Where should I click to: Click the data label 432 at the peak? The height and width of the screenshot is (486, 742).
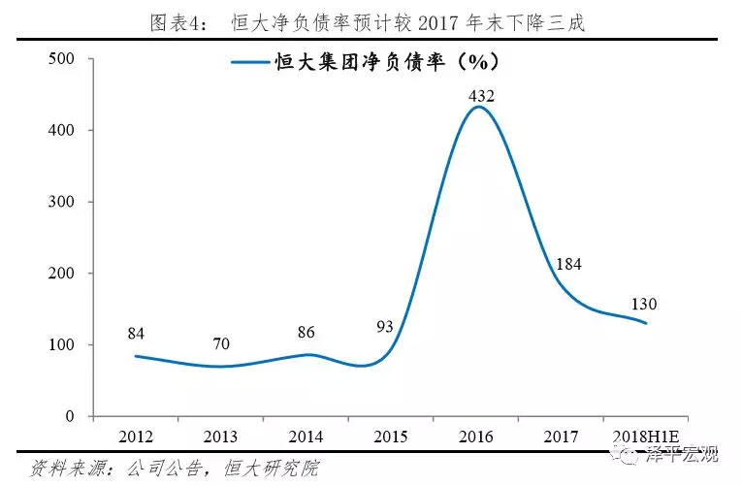pos(481,96)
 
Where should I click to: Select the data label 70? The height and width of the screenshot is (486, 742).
pos(222,342)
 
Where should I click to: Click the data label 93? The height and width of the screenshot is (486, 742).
pos(385,326)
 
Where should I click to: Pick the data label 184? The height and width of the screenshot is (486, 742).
pos(568,264)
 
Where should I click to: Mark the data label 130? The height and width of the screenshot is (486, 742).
pos(643,305)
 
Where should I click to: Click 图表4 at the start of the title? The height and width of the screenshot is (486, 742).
pos(178,22)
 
